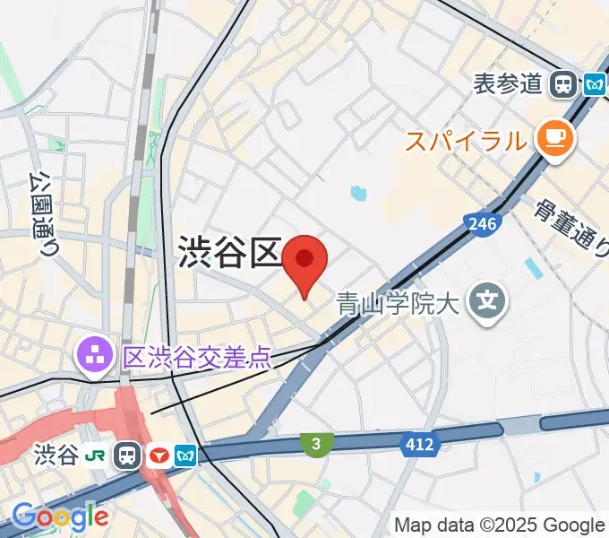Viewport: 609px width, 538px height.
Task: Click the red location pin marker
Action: (304, 262)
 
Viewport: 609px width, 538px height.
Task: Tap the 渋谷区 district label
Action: (230, 253)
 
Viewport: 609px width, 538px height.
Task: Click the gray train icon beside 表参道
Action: (563, 84)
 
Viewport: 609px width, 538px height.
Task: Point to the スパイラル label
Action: (465, 141)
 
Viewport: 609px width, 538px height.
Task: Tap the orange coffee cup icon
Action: (554, 139)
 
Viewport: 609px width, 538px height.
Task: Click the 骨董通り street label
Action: (570, 228)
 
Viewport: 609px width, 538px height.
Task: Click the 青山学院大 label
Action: (398, 305)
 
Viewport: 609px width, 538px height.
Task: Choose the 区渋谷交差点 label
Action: (196, 359)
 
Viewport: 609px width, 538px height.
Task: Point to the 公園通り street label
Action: (44, 214)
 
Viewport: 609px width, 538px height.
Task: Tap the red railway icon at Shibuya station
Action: (159, 456)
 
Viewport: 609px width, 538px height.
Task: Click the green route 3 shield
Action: (315, 443)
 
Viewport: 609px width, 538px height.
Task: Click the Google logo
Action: (60, 517)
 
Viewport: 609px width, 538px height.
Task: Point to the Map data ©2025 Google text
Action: (500, 525)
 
